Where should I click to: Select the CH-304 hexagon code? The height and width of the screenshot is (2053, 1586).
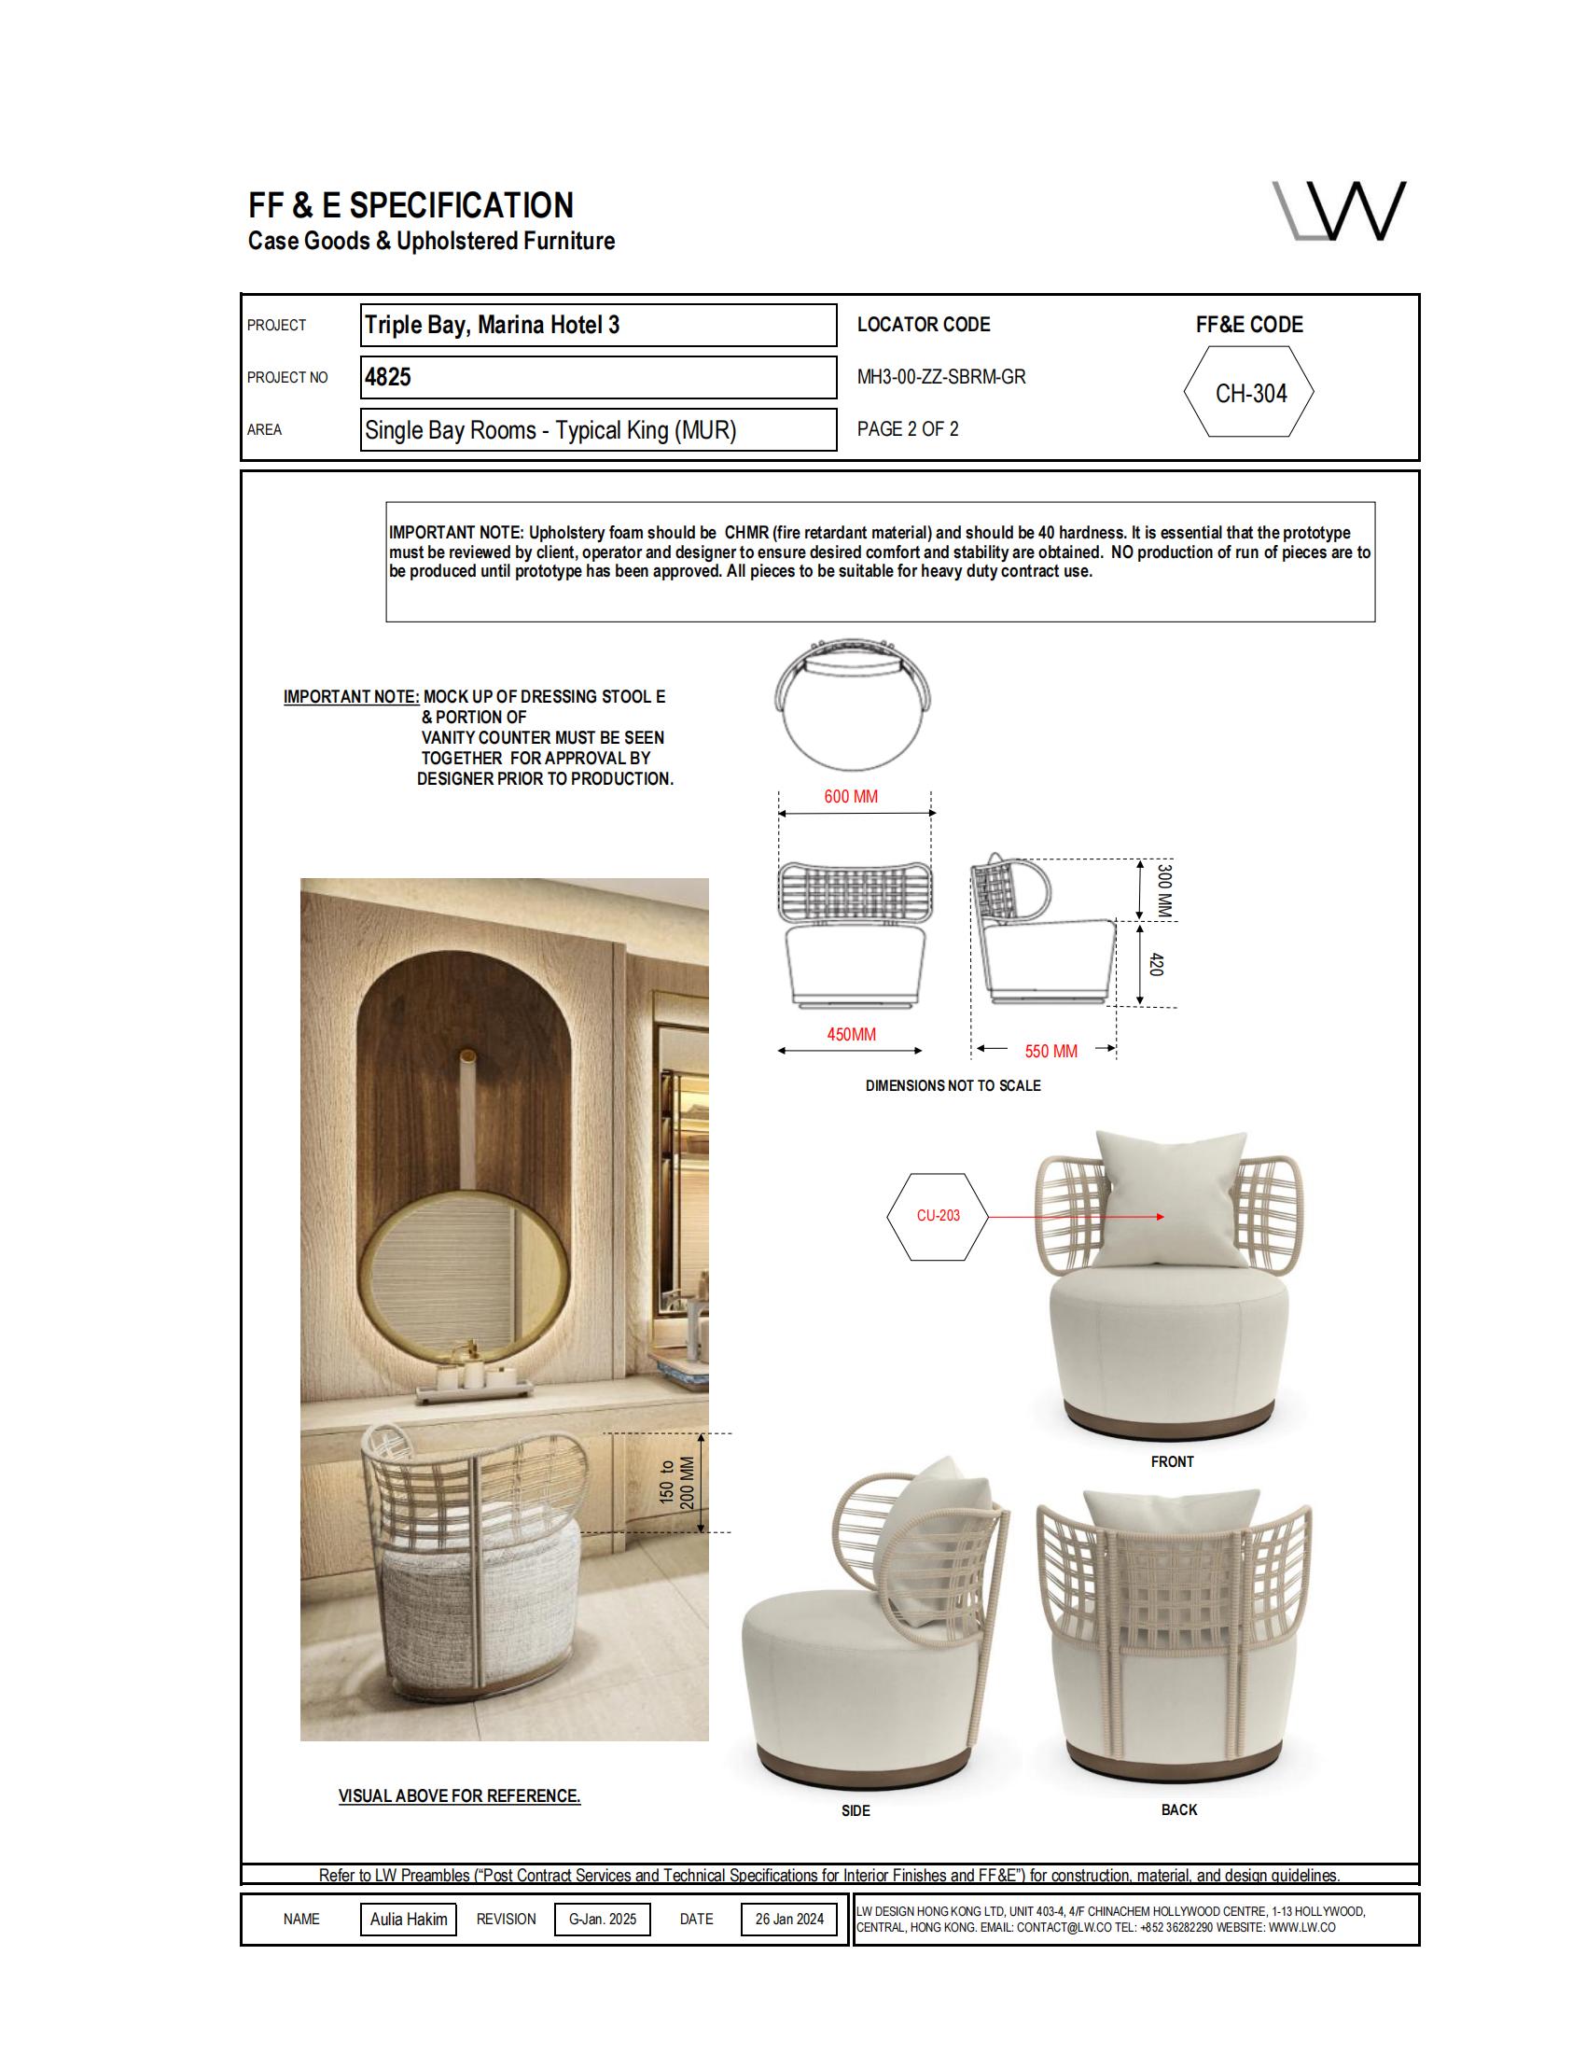(1249, 393)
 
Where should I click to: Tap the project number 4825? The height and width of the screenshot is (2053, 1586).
(388, 377)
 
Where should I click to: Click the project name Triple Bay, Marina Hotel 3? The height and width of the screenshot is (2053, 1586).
(492, 326)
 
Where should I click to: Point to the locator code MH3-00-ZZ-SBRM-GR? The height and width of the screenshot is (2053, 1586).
(940, 377)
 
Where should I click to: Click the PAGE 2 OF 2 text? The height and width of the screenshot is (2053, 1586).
(908, 429)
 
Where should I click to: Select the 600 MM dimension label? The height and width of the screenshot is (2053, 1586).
(850, 796)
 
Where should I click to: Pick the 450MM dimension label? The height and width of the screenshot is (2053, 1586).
(851, 1034)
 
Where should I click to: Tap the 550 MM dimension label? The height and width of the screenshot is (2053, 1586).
(1050, 1051)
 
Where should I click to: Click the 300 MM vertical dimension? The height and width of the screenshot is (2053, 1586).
(1164, 890)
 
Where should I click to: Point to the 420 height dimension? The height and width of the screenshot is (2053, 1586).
(1157, 965)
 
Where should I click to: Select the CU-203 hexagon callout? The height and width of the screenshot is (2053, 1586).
(938, 1215)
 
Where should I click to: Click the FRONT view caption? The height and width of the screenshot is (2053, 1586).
(1172, 1461)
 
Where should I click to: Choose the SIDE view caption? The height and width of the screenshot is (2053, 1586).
(855, 1810)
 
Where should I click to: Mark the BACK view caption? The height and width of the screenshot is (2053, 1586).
(1179, 1809)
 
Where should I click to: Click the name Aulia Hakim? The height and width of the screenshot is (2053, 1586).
(408, 1920)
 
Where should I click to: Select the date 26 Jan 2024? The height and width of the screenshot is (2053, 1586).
(789, 1920)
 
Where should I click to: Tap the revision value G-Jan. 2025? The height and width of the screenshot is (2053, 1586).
(603, 1920)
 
